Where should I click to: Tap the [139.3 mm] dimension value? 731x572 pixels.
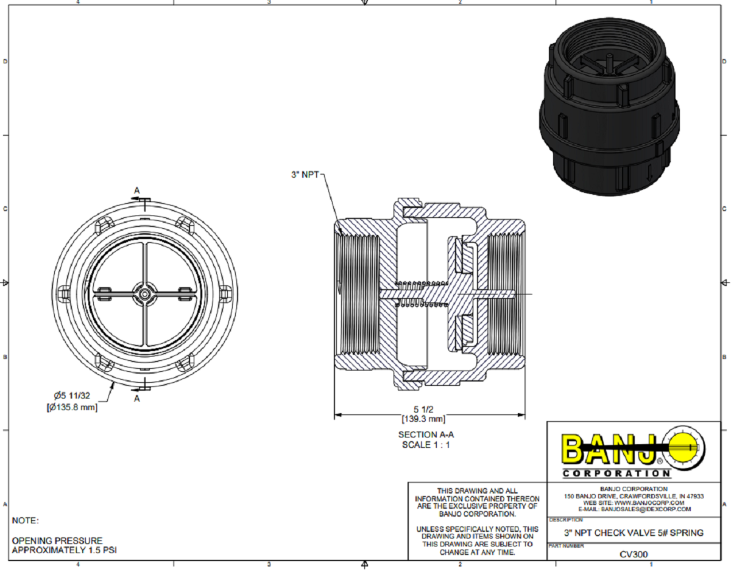tap(423, 419)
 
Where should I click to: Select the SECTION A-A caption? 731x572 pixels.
tap(426, 434)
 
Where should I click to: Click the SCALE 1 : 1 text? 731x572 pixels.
tap(426, 444)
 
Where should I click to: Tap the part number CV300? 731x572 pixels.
tap(634, 554)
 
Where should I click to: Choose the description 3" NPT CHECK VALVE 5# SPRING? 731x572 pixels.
tap(634, 532)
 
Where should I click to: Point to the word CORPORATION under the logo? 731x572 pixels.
tap(616, 473)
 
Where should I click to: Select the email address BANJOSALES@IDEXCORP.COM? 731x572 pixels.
tap(634, 509)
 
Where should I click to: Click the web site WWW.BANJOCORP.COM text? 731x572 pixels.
tap(634, 503)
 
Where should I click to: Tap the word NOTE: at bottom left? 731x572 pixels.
tap(26, 521)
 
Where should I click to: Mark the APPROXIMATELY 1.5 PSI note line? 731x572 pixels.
tap(64, 550)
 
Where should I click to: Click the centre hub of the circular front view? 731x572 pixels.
tap(144, 294)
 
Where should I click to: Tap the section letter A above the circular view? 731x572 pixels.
tap(137, 190)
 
